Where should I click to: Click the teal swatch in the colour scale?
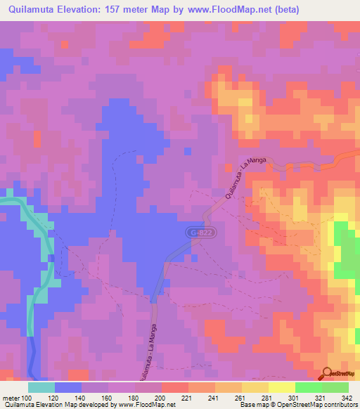point(41,387)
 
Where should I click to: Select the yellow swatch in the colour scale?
point(282,387)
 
